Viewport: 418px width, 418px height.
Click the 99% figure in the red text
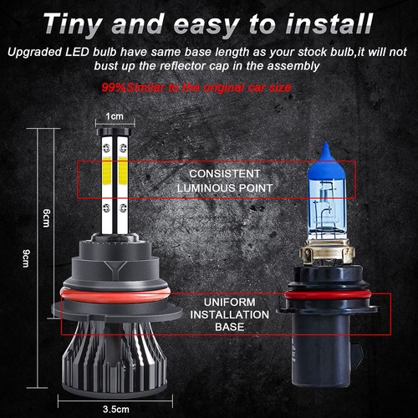click(x=111, y=87)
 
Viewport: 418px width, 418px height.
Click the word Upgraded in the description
click(x=31, y=52)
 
